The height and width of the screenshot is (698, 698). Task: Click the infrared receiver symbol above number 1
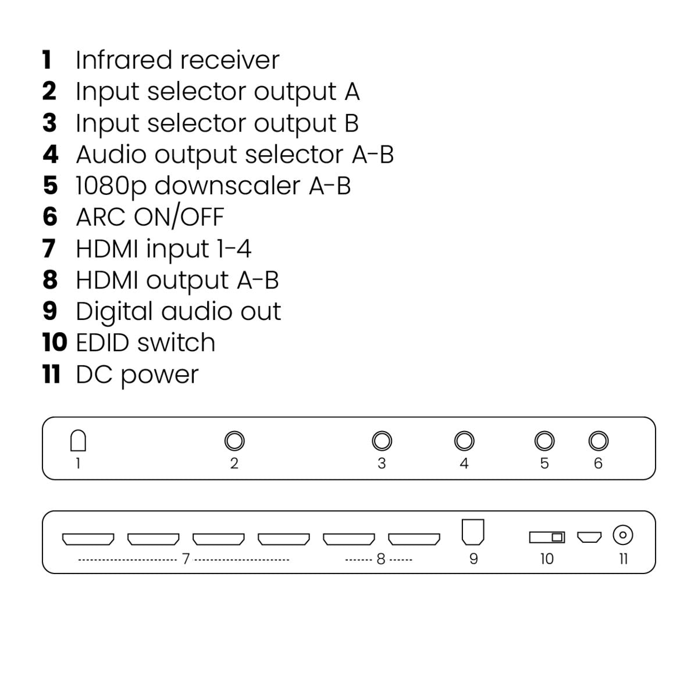pyautogui.click(x=78, y=441)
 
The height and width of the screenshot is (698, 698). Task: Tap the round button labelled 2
pyautogui.click(x=234, y=441)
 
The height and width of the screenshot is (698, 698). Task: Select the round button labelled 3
pyautogui.click(x=382, y=441)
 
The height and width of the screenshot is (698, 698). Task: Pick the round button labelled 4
pyautogui.click(x=464, y=441)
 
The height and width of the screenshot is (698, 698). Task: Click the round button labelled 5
pyautogui.click(x=544, y=441)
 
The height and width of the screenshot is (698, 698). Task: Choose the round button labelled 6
pyautogui.click(x=598, y=441)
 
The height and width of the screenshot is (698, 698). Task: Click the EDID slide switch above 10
pyautogui.click(x=547, y=537)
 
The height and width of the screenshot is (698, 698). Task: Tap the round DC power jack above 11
pyautogui.click(x=623, y=535)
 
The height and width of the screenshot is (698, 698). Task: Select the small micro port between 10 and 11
pyautogui.click(x=589, y=536)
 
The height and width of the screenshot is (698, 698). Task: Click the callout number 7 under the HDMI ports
pyautogui.click(x=186, y=559)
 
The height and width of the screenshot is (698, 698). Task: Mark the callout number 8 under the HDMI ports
pyautogui.click(x=381, y=559)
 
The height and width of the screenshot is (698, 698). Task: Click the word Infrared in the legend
pyautogui.click(x=124, y=60)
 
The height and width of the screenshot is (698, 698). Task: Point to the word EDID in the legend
pyautogui.click(x=102, y=343)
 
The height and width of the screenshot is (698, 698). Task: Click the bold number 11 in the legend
pyautogui.click(x=52, y=374)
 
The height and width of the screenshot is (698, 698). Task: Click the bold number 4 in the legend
pyautogui.click(x=51, y=155)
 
